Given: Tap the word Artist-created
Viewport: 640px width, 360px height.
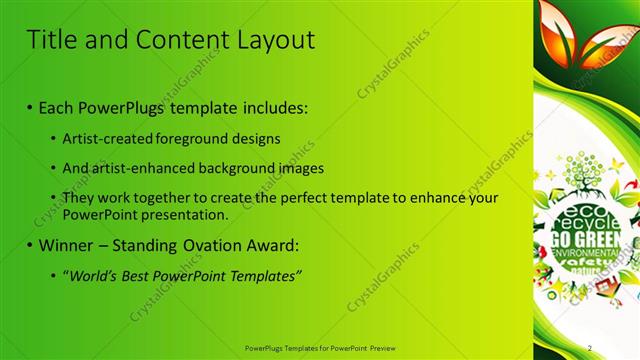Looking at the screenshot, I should [x=105, y=138].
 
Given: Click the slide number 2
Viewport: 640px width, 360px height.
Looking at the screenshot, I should [x=590, y=347].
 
